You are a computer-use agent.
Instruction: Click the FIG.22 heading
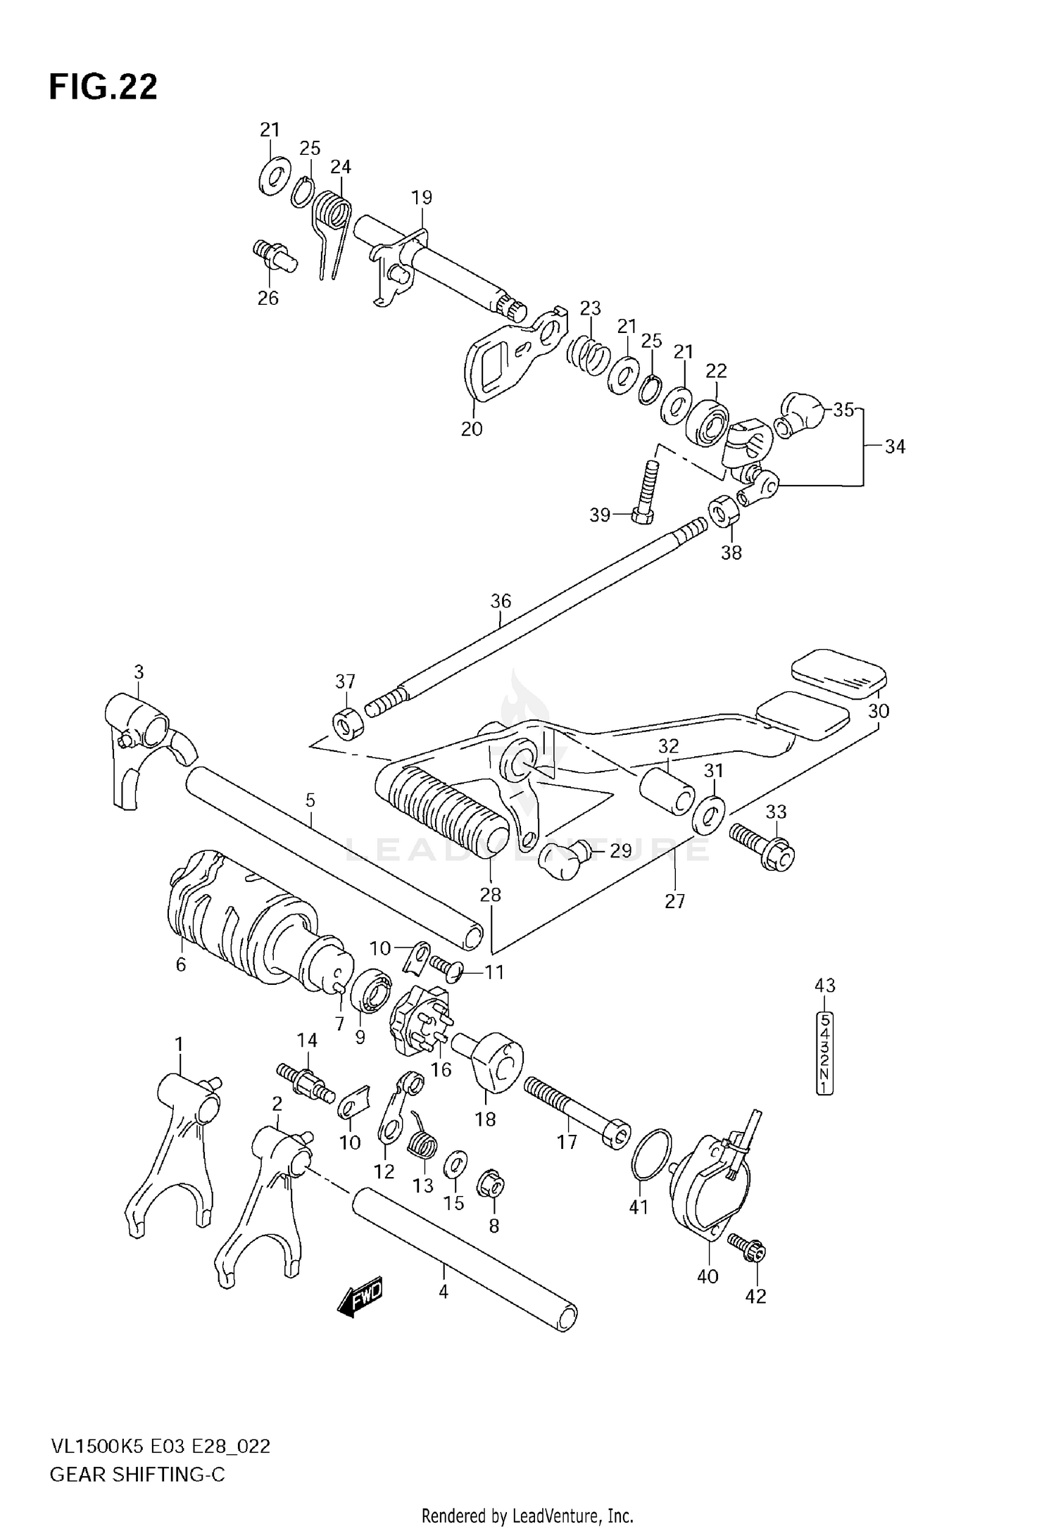pos(103,87)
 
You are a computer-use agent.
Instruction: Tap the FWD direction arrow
pos(360,1296)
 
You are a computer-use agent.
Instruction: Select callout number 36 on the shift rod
pos(501,601)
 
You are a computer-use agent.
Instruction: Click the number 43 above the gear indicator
pos(824,986)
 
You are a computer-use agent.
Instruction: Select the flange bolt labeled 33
pos(762,847)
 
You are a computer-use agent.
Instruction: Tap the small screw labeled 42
pos(750,1249)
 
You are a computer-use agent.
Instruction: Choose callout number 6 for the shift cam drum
pos(181,964)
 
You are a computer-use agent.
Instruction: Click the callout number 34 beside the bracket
pos(895,446)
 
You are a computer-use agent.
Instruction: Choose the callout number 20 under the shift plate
pos(472,429)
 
